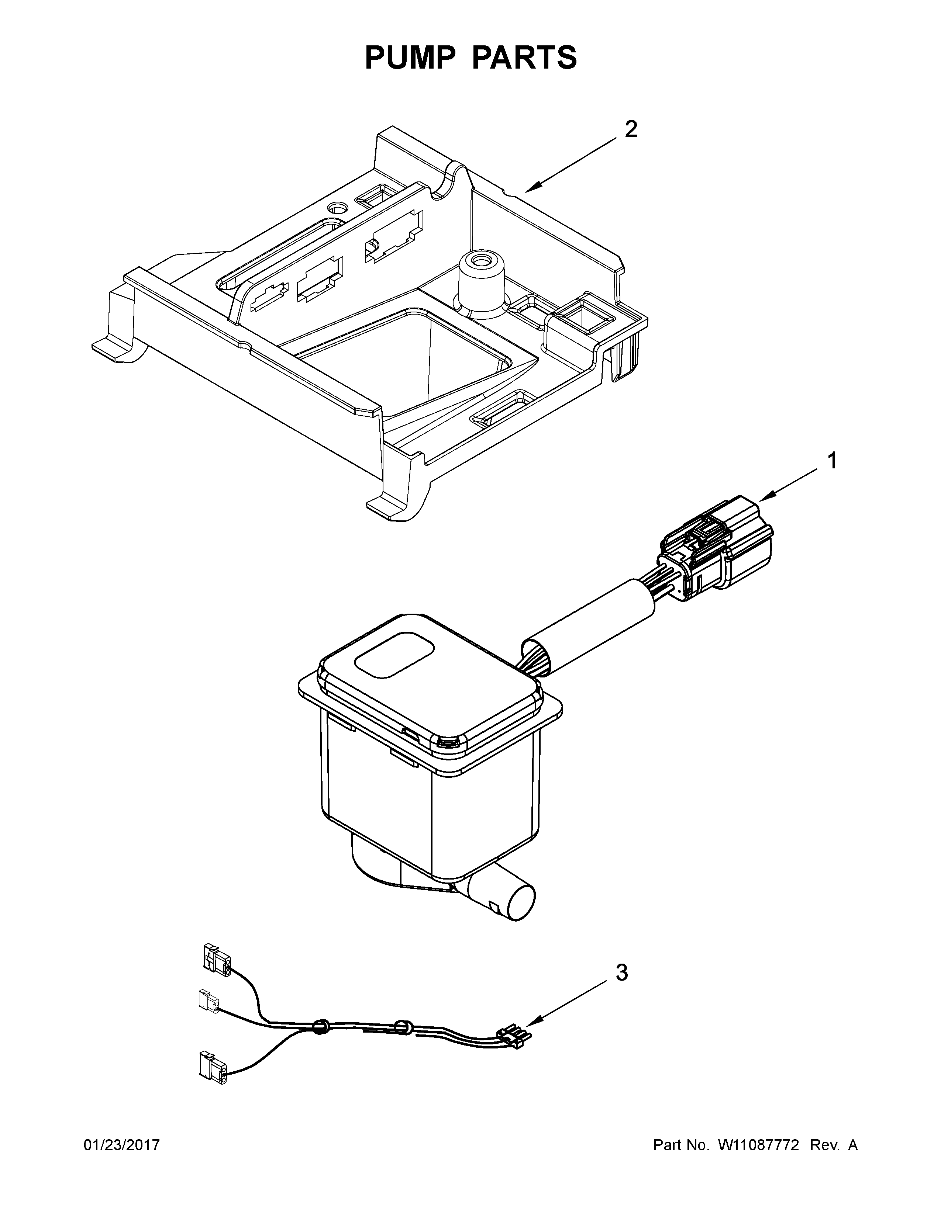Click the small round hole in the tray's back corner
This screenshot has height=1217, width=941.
click(337, 208)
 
